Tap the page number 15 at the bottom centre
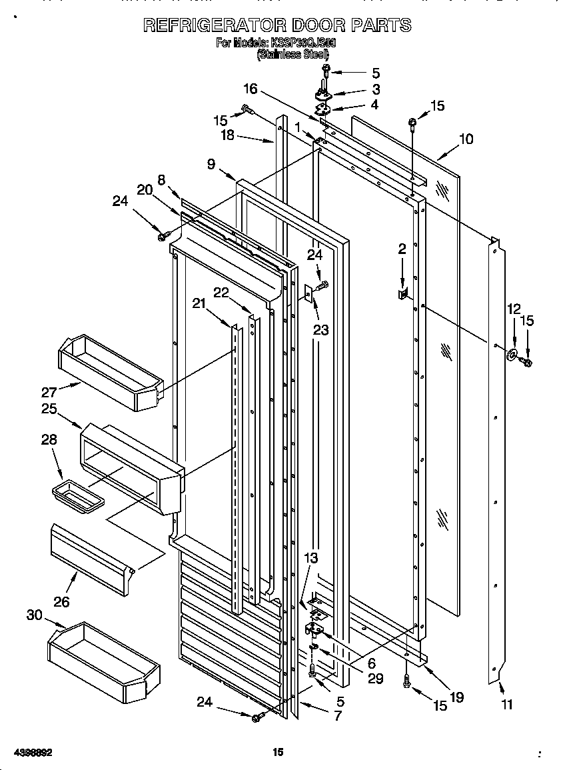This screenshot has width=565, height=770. click(x=278, y=752)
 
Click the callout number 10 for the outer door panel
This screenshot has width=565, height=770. click(x=466, y=139)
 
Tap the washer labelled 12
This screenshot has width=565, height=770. click(x=514, y=354)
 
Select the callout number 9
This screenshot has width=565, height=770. click(x=211, y=165)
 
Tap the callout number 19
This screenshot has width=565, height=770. click(x=456, y=697)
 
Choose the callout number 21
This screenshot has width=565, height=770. click(x=198, y=304)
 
